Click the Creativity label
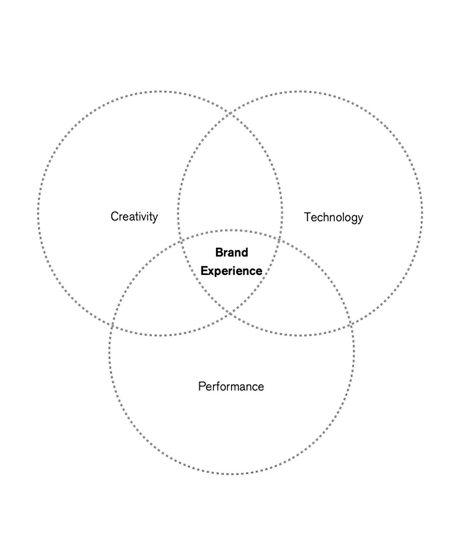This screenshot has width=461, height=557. click(x=134, y=216)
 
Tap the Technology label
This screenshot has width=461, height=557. click(x=333, y=217)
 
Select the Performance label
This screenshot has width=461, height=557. click(x=231, y=386)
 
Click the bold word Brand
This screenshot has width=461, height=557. click(x=231, y=252)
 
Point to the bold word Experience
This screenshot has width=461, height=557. click(x=231, y=271)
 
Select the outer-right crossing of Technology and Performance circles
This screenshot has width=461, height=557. click(x=350, y=325)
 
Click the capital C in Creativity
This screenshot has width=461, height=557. click(x=114, y=216)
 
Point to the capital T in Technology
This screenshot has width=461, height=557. click(x=307, y=217)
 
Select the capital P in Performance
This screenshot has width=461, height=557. click(x=201, y=386)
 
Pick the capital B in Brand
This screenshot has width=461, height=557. click(x=219, y=252)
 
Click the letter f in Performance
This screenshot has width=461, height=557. click(x=216, y=386)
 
